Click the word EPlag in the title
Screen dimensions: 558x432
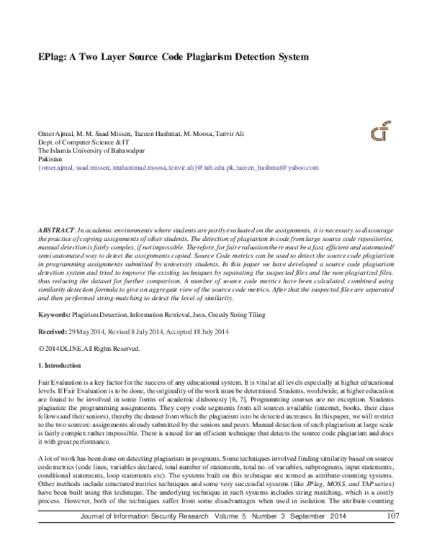(x=53, y=55)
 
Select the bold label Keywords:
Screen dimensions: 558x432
(x=53, y=316)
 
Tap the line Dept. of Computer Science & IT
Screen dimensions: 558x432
(x=80, y=143)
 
